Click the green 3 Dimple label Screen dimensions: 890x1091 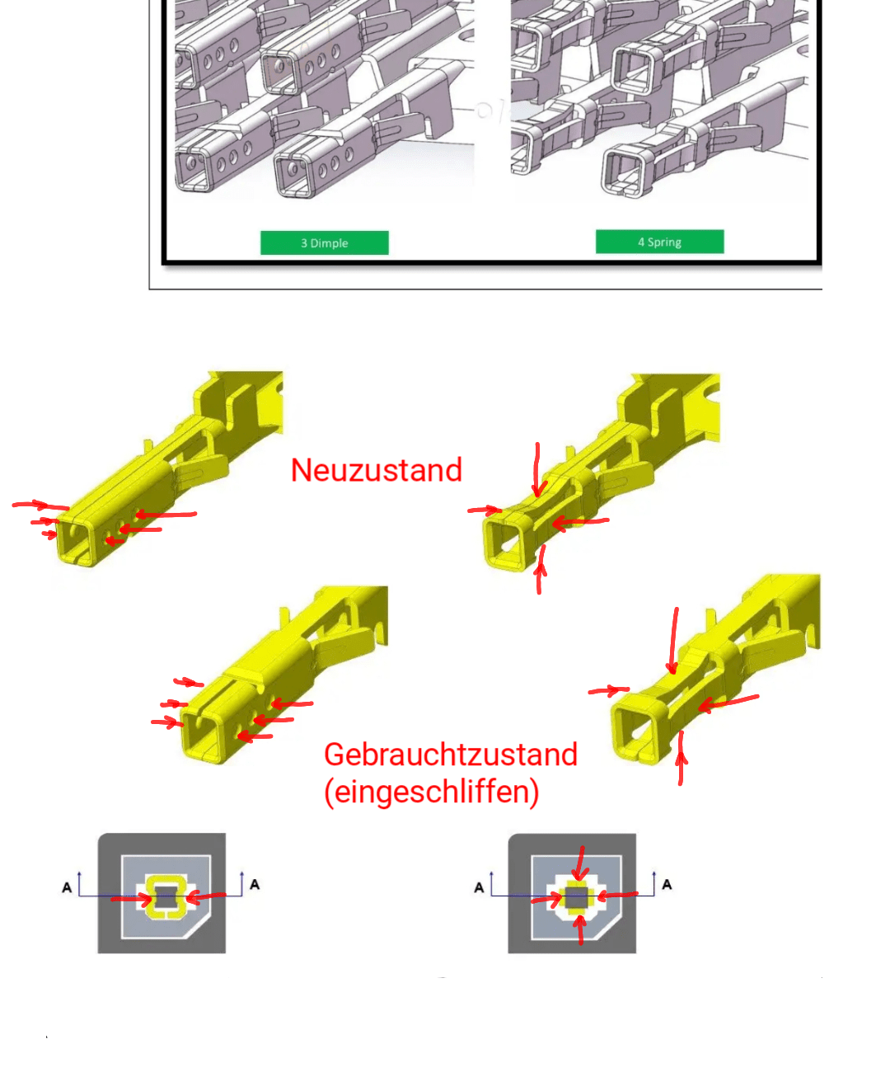(324, 242)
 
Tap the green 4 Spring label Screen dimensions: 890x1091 (659, 242)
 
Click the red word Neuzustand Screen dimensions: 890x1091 (377, 470)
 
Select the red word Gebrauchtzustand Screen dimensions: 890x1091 (451, 755)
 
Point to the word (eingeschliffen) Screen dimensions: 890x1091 (432, 792)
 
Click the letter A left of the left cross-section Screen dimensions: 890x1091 (67, 887)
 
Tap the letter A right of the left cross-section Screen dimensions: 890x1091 (255, 885)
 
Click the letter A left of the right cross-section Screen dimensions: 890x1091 (479, 887)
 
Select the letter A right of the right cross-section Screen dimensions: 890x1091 (667, 885)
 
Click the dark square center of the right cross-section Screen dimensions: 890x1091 (576, 898)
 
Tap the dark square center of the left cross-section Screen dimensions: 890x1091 (166, 897)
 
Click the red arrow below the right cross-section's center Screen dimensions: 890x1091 (580, 930)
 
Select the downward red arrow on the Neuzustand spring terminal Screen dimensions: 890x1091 (537, 470)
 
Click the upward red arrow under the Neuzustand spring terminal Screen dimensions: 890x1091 (540, 570)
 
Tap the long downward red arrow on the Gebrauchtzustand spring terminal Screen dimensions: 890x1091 (674, 641)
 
